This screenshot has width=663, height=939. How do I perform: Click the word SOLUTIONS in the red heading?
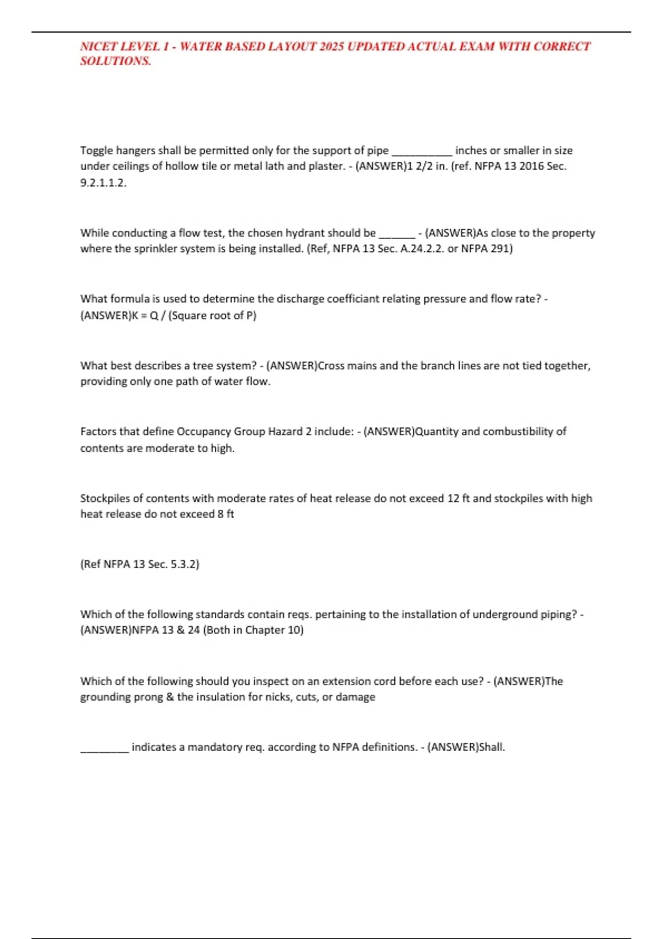(115, 61)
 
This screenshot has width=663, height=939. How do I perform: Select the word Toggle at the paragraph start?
(96, 151)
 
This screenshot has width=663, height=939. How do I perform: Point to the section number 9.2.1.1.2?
(103, 183)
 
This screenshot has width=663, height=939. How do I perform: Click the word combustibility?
(518, 431)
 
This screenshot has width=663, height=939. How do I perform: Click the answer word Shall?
(491, 747)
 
